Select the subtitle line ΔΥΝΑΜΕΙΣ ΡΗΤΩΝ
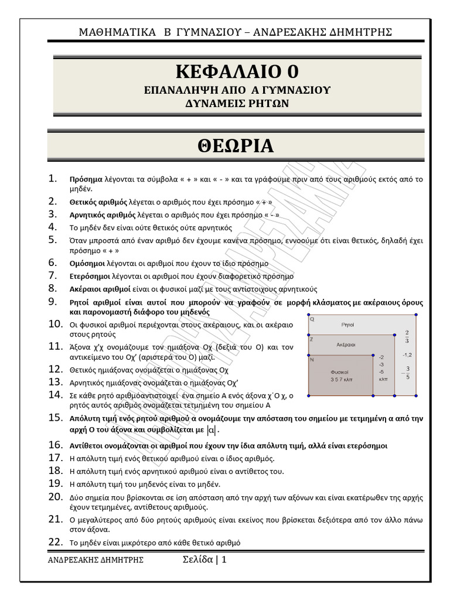click(237, 104)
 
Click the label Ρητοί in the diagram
click(347, 324)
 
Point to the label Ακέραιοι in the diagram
click(348, 345)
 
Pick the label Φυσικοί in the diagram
click(340, 372)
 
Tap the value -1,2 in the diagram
click(407, 355)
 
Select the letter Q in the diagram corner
click(312, 319)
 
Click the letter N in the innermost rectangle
click(312, 359)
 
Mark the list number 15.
click(55, 418)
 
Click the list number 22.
click(55, 542)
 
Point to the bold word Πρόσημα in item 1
click(86, 179)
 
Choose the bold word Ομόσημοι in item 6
click(87, 264)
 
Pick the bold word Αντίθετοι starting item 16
click(88, 446)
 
